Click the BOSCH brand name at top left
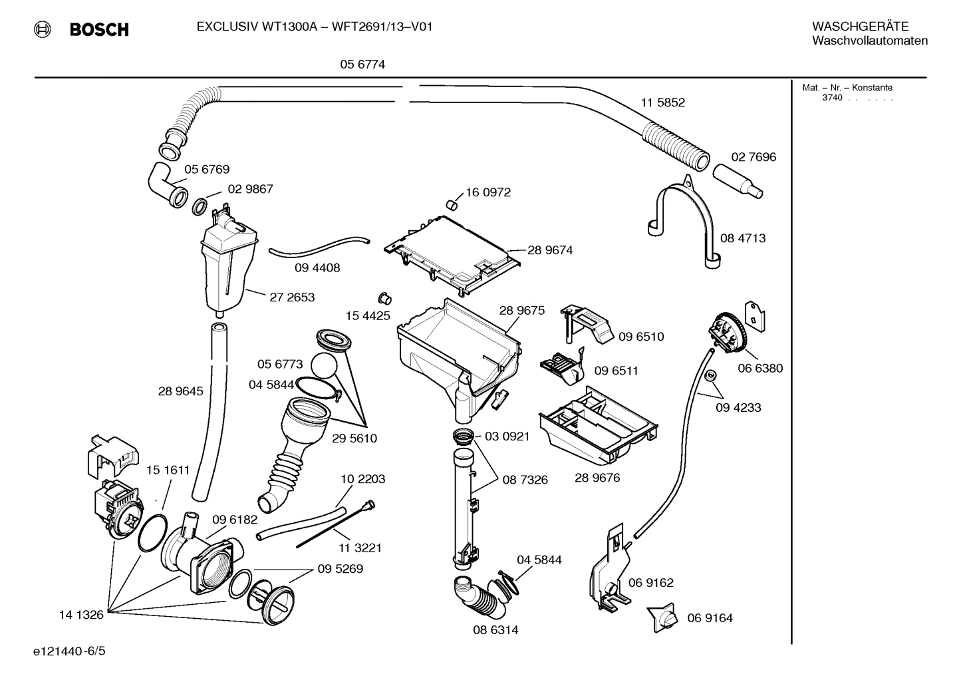[x=98, y=29]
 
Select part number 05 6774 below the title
[x=362, y=65]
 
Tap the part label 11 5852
[x=662, y=102]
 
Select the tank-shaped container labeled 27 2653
[x=227, y=266]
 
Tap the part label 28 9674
[x=550, y=250]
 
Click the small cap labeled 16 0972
[x=451, y=203]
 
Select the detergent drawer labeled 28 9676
[x=599, y=426]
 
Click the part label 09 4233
[x=738, y=407]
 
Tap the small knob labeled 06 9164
[x=663, y=618]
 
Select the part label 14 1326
[x=81, y=615]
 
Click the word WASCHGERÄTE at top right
[x=860, y=27]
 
